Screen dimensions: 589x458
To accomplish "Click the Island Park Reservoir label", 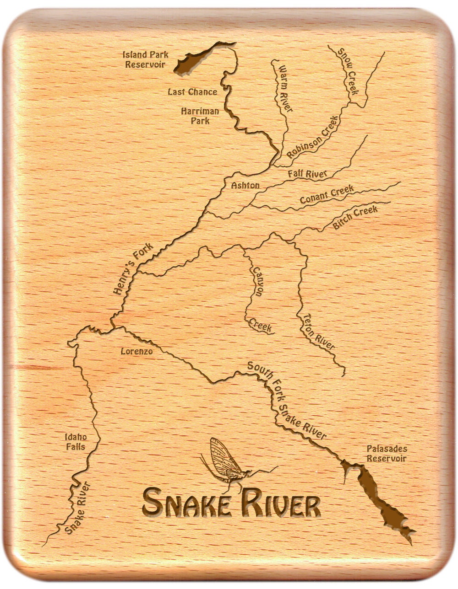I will [145, 59].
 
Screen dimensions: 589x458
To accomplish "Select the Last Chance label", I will [192, 92].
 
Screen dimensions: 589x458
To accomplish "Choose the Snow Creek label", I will [347, 71].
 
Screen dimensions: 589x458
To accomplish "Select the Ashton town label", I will [245, 186].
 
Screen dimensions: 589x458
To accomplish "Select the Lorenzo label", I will [136, 352].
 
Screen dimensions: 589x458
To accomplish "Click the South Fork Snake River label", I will [286, 400].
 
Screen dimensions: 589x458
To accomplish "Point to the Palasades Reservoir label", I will [387, 454].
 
